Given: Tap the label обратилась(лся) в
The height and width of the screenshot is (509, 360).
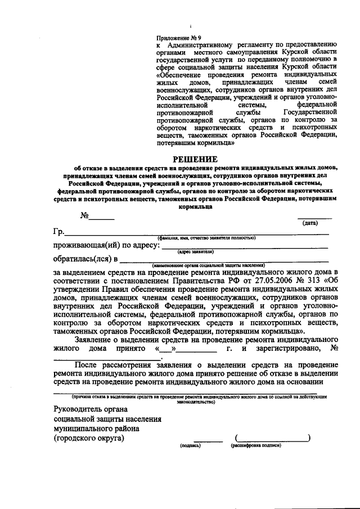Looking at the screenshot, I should [x=85, y=259].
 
